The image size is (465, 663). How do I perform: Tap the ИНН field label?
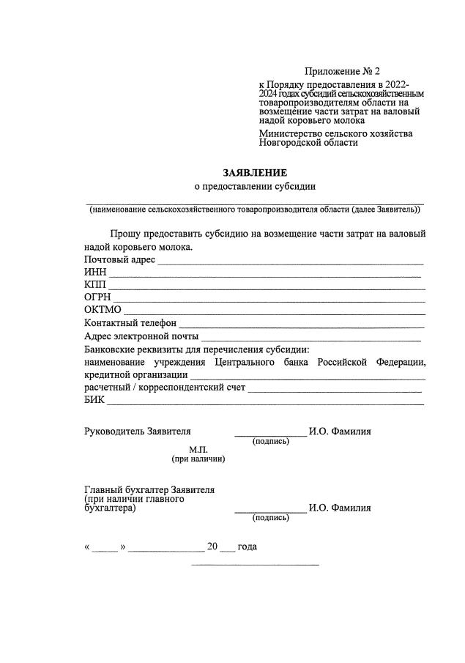(95, 273)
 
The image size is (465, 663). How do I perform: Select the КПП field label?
(95, 285)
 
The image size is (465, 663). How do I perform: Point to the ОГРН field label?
(97, 297)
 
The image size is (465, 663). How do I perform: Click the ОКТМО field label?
(102, 311)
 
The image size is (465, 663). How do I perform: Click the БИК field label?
(94, 400)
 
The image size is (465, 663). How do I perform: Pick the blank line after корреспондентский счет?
(335, 390)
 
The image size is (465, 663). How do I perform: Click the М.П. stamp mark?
(198, 449)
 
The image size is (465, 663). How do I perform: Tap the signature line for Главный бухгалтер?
(270, 511)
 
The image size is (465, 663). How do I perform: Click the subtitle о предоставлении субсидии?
(255, 187)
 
